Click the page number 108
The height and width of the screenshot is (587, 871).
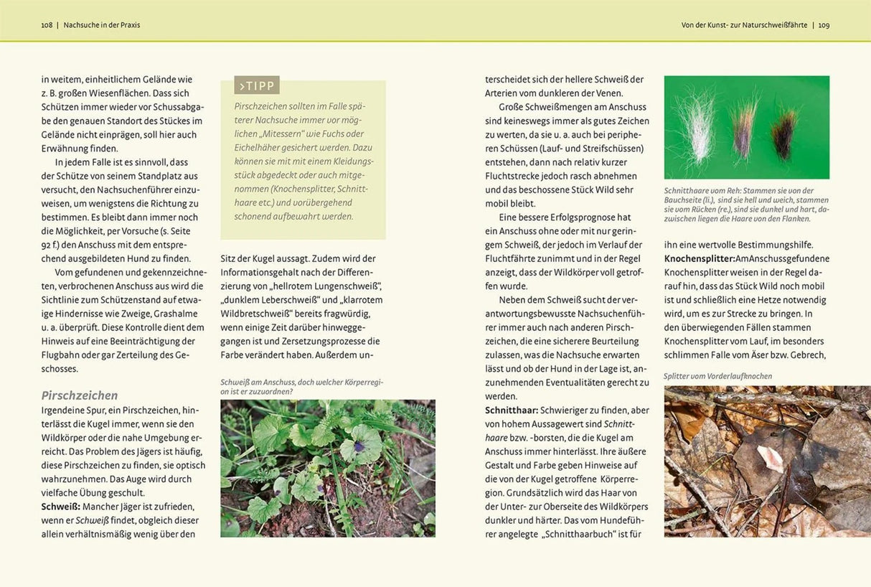[47, 25]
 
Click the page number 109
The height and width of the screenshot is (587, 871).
[824, 25]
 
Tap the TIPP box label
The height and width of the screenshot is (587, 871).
[257, 86]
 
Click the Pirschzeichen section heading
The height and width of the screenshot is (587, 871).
[80, 395]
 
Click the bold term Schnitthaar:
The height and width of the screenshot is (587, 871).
[512, 410]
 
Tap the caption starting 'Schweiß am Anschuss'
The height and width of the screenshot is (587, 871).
[301, 387]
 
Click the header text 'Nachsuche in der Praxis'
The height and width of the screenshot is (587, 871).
[102, 25]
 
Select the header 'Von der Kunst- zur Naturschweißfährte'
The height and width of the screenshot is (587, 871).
[744, 25]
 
